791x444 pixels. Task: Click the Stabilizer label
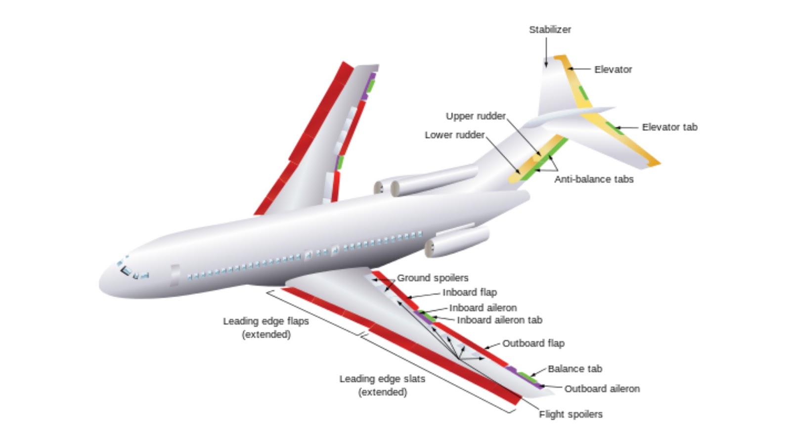[x=550, y=30]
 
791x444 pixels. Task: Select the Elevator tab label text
[x=669, y=127]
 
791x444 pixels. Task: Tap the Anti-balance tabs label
[x=593, y=179]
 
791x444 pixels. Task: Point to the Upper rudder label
[x=476, y=116]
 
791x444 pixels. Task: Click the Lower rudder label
[x=454, y=135]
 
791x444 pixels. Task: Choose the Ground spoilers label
[x=433, y=278]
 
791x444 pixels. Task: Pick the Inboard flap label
[x=469, y=292]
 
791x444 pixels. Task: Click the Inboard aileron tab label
[x=499, y=320]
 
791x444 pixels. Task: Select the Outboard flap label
[x=533, y=343]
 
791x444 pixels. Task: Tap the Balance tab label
[x=574, y=369]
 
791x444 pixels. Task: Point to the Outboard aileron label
[x=602, y=389]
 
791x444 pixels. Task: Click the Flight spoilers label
[x=571, y=414]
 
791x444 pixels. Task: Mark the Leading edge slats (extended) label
[x=382, y=385]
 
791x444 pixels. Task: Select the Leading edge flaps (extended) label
[x=266, y=327]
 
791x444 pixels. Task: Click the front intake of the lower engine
[x=430, y=248]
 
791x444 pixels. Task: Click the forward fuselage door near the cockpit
[x=175, y=275]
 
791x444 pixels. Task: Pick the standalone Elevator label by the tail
[x=613, y=70]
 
